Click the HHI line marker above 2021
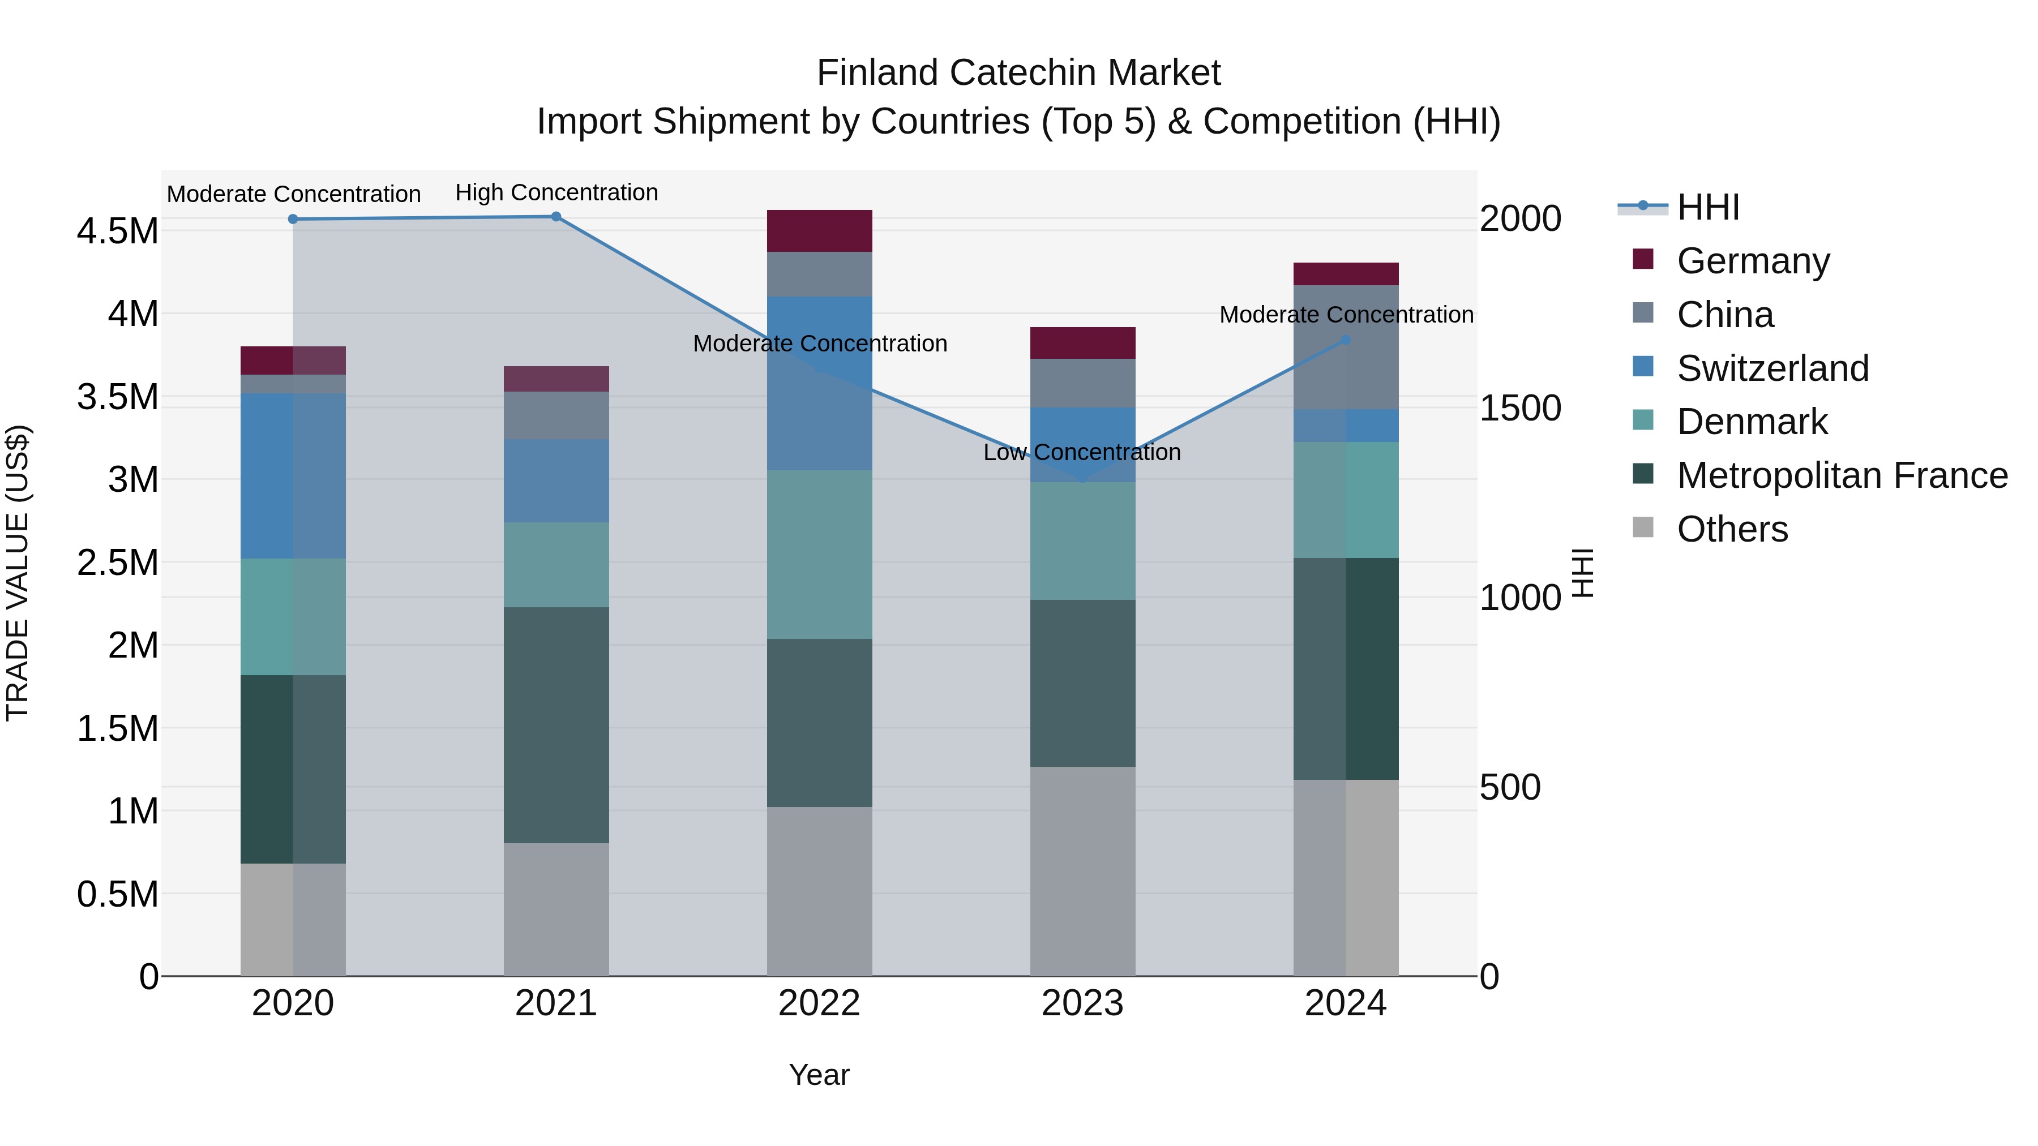555,217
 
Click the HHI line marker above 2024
1346,340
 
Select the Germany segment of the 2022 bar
820,231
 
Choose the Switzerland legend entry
1772,368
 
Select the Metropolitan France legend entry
1842,476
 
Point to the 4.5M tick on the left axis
117,231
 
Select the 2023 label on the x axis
1082,1003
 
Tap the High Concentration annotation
556,192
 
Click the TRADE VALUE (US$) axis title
18,573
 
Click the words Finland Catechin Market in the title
1018,73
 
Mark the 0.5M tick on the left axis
117,895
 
